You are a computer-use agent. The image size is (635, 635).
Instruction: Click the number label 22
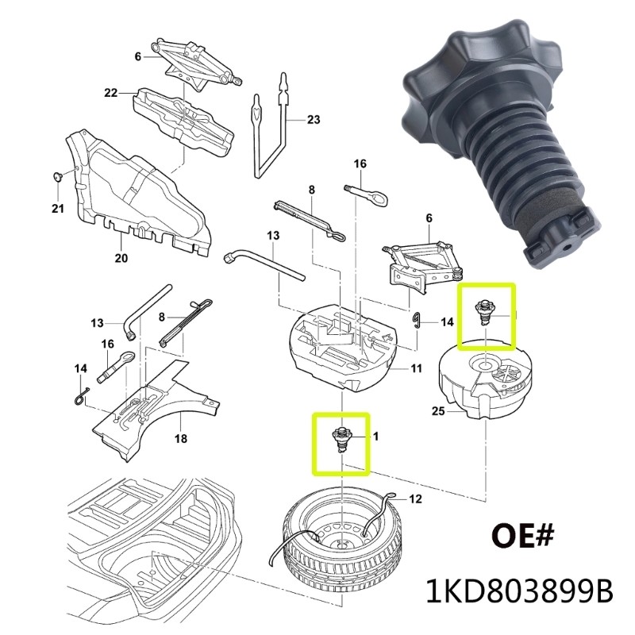pyautogui.click(x=110, y=94)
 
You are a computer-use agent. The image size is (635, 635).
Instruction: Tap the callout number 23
pyautogui.click(x=313, y=120)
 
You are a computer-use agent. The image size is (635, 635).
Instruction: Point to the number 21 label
pyautogui.click(x=56, y=210)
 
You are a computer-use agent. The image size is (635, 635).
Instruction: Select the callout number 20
pyautogui.click(x=121, y=258)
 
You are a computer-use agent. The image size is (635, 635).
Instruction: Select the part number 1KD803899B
pyautogui.click(x=521, y=591)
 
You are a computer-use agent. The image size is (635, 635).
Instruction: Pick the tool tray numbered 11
pyautogui.click(x=341, y=341)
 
